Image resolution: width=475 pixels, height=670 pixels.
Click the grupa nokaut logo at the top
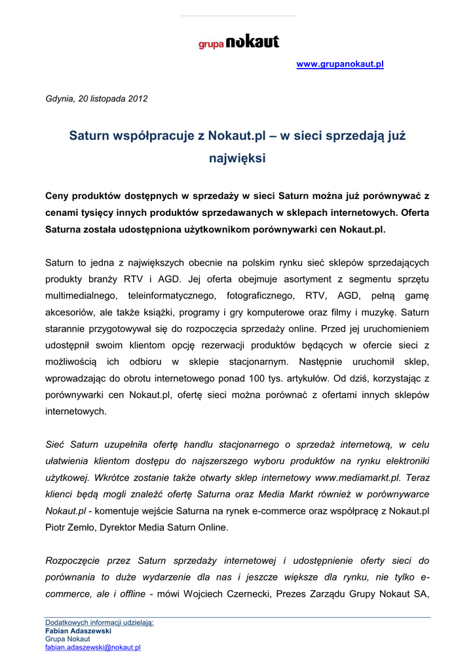click(239, 43)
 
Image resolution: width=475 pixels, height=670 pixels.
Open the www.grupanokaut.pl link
click(340, 64)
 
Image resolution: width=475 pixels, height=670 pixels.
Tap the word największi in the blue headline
click(237, 158)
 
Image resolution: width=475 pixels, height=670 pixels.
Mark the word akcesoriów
click(69, 313)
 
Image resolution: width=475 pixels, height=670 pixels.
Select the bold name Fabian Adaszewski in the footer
click(78, 631)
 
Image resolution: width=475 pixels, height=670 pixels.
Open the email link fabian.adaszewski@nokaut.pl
click(92, 648)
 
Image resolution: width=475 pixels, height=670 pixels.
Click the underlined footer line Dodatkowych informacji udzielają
click(99, 622)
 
